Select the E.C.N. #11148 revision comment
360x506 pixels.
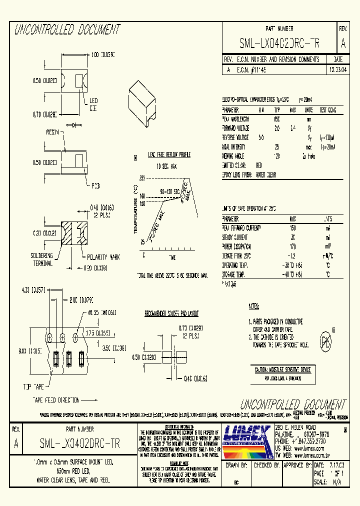pyautogui.click(x=251, y=70)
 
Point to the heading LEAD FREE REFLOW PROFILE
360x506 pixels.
pyautogui.click(x=166, y=155)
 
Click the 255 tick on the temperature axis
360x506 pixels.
pyautogui.click(x=141, y=178)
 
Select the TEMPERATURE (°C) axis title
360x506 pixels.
pyautogui.click(x=135, y=215)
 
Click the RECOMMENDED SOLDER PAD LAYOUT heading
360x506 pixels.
pyautogui.click(x=171, y=313)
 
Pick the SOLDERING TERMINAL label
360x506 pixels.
pyautogui.click(x=42, y=259)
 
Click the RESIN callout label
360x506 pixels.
pyautogui.click(x=53, y=132)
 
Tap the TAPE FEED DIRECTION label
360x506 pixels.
pyautogui.click(x=56, y=400)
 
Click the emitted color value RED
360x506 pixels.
pyautogui.click(x=258, y=165)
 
